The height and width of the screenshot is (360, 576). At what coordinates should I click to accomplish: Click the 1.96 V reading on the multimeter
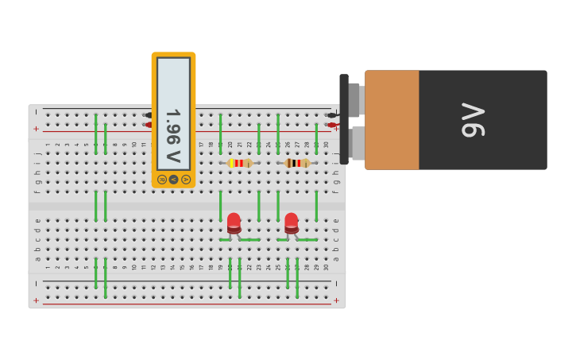172,126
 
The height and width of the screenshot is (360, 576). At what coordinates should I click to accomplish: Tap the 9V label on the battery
472,119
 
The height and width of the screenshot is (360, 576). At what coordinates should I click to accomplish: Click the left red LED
234,223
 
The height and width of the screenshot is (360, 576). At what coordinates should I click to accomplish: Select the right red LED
292,223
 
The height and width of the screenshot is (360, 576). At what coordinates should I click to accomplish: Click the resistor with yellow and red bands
239,163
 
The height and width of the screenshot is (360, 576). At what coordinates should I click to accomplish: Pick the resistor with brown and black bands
297,163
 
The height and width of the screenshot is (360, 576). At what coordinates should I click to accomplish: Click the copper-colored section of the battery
392,119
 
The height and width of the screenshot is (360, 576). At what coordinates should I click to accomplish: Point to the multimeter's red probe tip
148,125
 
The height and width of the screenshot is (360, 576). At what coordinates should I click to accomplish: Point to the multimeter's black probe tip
148,115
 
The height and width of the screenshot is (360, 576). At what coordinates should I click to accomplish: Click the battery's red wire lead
331,125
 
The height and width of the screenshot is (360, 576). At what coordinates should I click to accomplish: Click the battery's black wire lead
331,115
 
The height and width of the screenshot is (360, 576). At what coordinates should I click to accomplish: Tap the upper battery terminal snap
355,100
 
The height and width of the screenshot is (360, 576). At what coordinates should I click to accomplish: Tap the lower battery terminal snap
357,143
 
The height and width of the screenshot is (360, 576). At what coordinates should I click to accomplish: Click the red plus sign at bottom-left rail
36,300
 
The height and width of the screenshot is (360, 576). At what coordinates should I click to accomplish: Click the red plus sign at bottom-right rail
336,300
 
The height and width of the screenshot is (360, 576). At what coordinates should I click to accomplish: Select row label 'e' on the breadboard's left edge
37,221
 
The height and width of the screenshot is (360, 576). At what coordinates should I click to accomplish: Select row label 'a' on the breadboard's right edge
335,258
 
